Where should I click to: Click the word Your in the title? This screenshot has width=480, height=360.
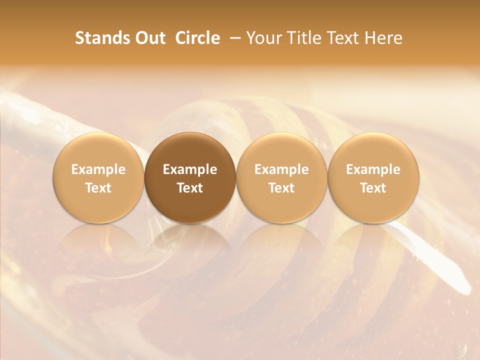263,38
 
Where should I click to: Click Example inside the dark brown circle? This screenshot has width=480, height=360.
190,169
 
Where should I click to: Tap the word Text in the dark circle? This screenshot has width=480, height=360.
190,188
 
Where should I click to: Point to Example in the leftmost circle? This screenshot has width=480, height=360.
98,169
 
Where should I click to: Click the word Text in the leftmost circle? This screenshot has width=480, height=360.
98,188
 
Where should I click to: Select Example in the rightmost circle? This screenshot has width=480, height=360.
373,169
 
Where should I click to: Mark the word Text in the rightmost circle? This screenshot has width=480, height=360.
373,188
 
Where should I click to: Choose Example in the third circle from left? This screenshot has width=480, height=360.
281,169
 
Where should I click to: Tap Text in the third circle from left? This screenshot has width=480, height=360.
281,188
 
